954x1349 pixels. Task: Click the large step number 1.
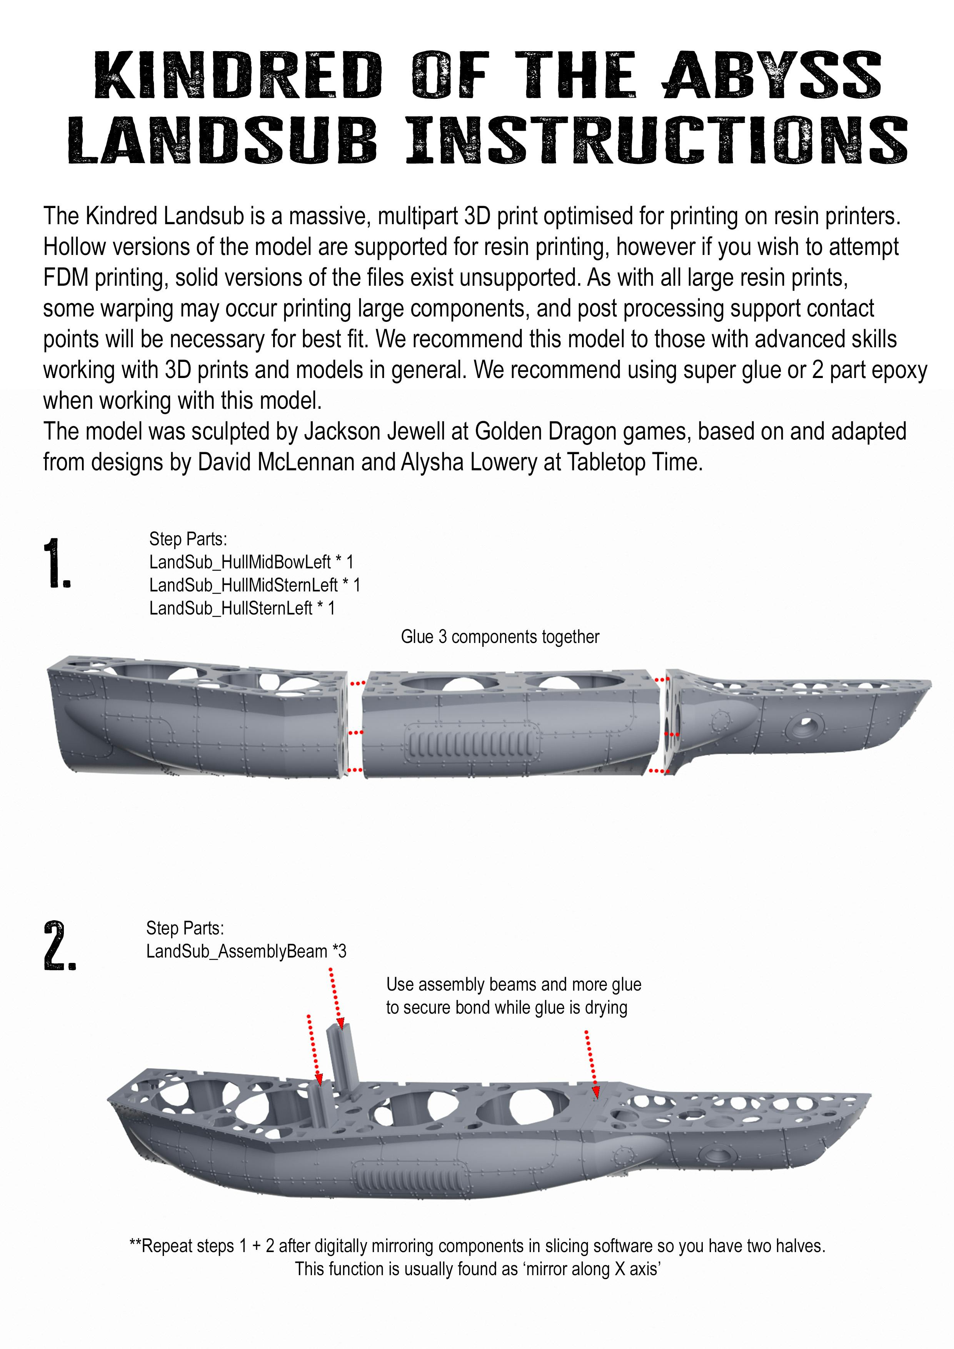[x=57, y=563]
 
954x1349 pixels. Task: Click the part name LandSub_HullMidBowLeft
[x=240, y=562]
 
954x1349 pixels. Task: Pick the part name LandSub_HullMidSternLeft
[x=244, y=585]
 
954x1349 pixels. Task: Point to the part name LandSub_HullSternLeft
[x=230, y=608]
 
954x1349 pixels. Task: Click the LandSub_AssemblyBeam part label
[x=236, y=951]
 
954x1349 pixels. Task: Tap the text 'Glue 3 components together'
[x=500, y=637]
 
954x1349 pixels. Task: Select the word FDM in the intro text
[x=66, y=277]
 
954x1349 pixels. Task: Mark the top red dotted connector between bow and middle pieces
[x=357, y=683]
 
